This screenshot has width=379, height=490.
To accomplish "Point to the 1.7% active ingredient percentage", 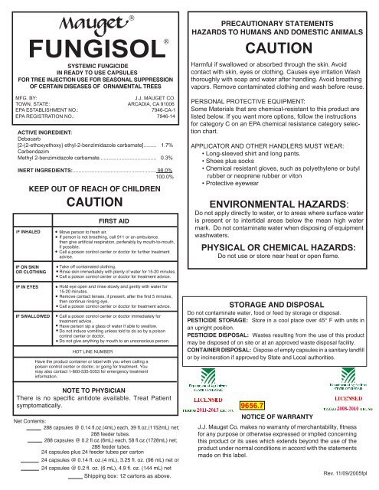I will [x=172, y=144].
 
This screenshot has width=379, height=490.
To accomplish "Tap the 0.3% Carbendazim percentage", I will [x=172, y=157].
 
